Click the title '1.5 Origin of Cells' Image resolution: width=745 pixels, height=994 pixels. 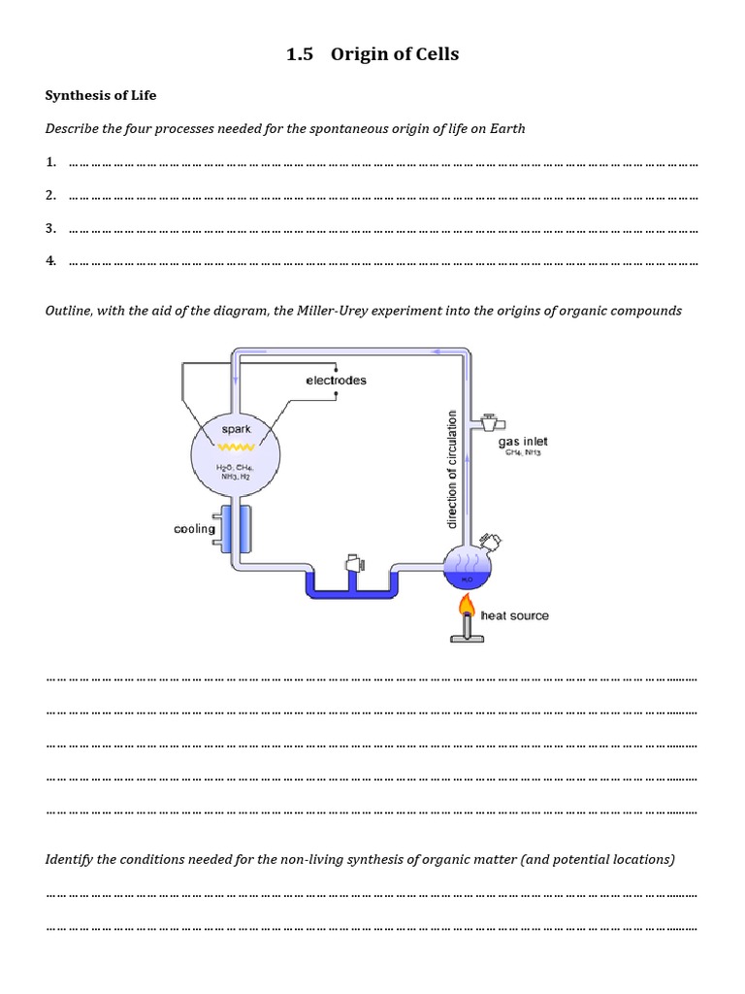372,54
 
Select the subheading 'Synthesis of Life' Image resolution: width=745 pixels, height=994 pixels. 101,95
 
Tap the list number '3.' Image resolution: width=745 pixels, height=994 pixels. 50,228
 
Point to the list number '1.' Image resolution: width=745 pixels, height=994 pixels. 50,162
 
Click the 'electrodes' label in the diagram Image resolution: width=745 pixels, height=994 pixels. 336,381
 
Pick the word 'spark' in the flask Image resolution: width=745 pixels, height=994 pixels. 235,429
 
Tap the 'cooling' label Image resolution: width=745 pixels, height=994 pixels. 194,529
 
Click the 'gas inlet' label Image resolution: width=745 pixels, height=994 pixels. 523,442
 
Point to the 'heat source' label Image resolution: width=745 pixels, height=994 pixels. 514,615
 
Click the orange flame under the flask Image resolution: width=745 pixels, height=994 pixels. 468,607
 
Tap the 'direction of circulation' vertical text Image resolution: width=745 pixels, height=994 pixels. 451,469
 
